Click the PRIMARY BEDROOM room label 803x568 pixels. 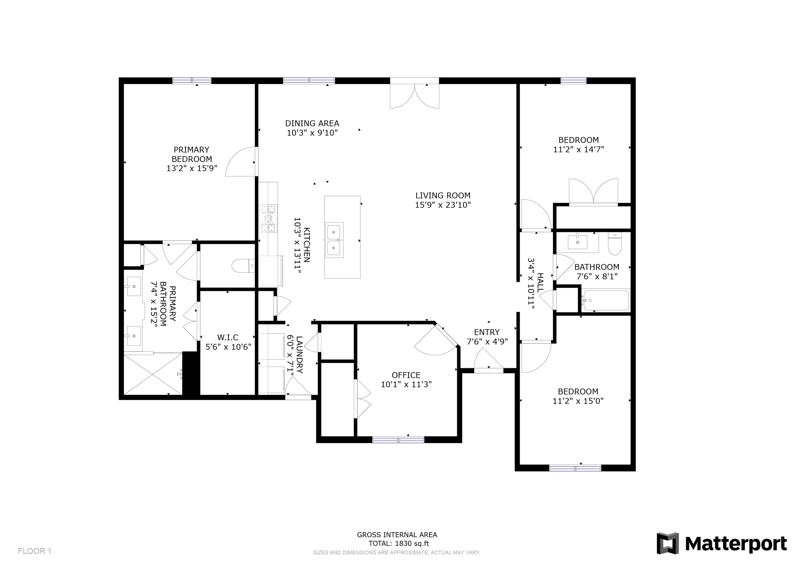pyautogui.click(x=192, y=154)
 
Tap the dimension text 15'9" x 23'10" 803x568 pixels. pyautogui.click(x=443, y=205)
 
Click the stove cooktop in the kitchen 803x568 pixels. pyautogui.click(x=268, y=218)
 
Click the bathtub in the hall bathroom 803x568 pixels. pyautogui.click(x=606, y=300)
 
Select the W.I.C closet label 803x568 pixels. pyautogui.click(x=228, y=337)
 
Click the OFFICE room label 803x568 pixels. pyautogui.click(x=406, y=375)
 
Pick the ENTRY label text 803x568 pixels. pyautogui.click(x=487, y=332)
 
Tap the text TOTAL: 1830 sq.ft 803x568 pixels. pyautogui.click(x=399, y=544)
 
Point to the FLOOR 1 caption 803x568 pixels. pyautogui.click(x=35, y=551)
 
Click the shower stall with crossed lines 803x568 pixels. pyautogui.click(x=153, y=374)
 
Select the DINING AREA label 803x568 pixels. pyautogui.click(x=312, y=123)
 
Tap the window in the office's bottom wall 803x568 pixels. pyautogui.click(x=398, y=440)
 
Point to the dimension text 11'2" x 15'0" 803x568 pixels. pyautogui.click(x=578, y=401)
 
